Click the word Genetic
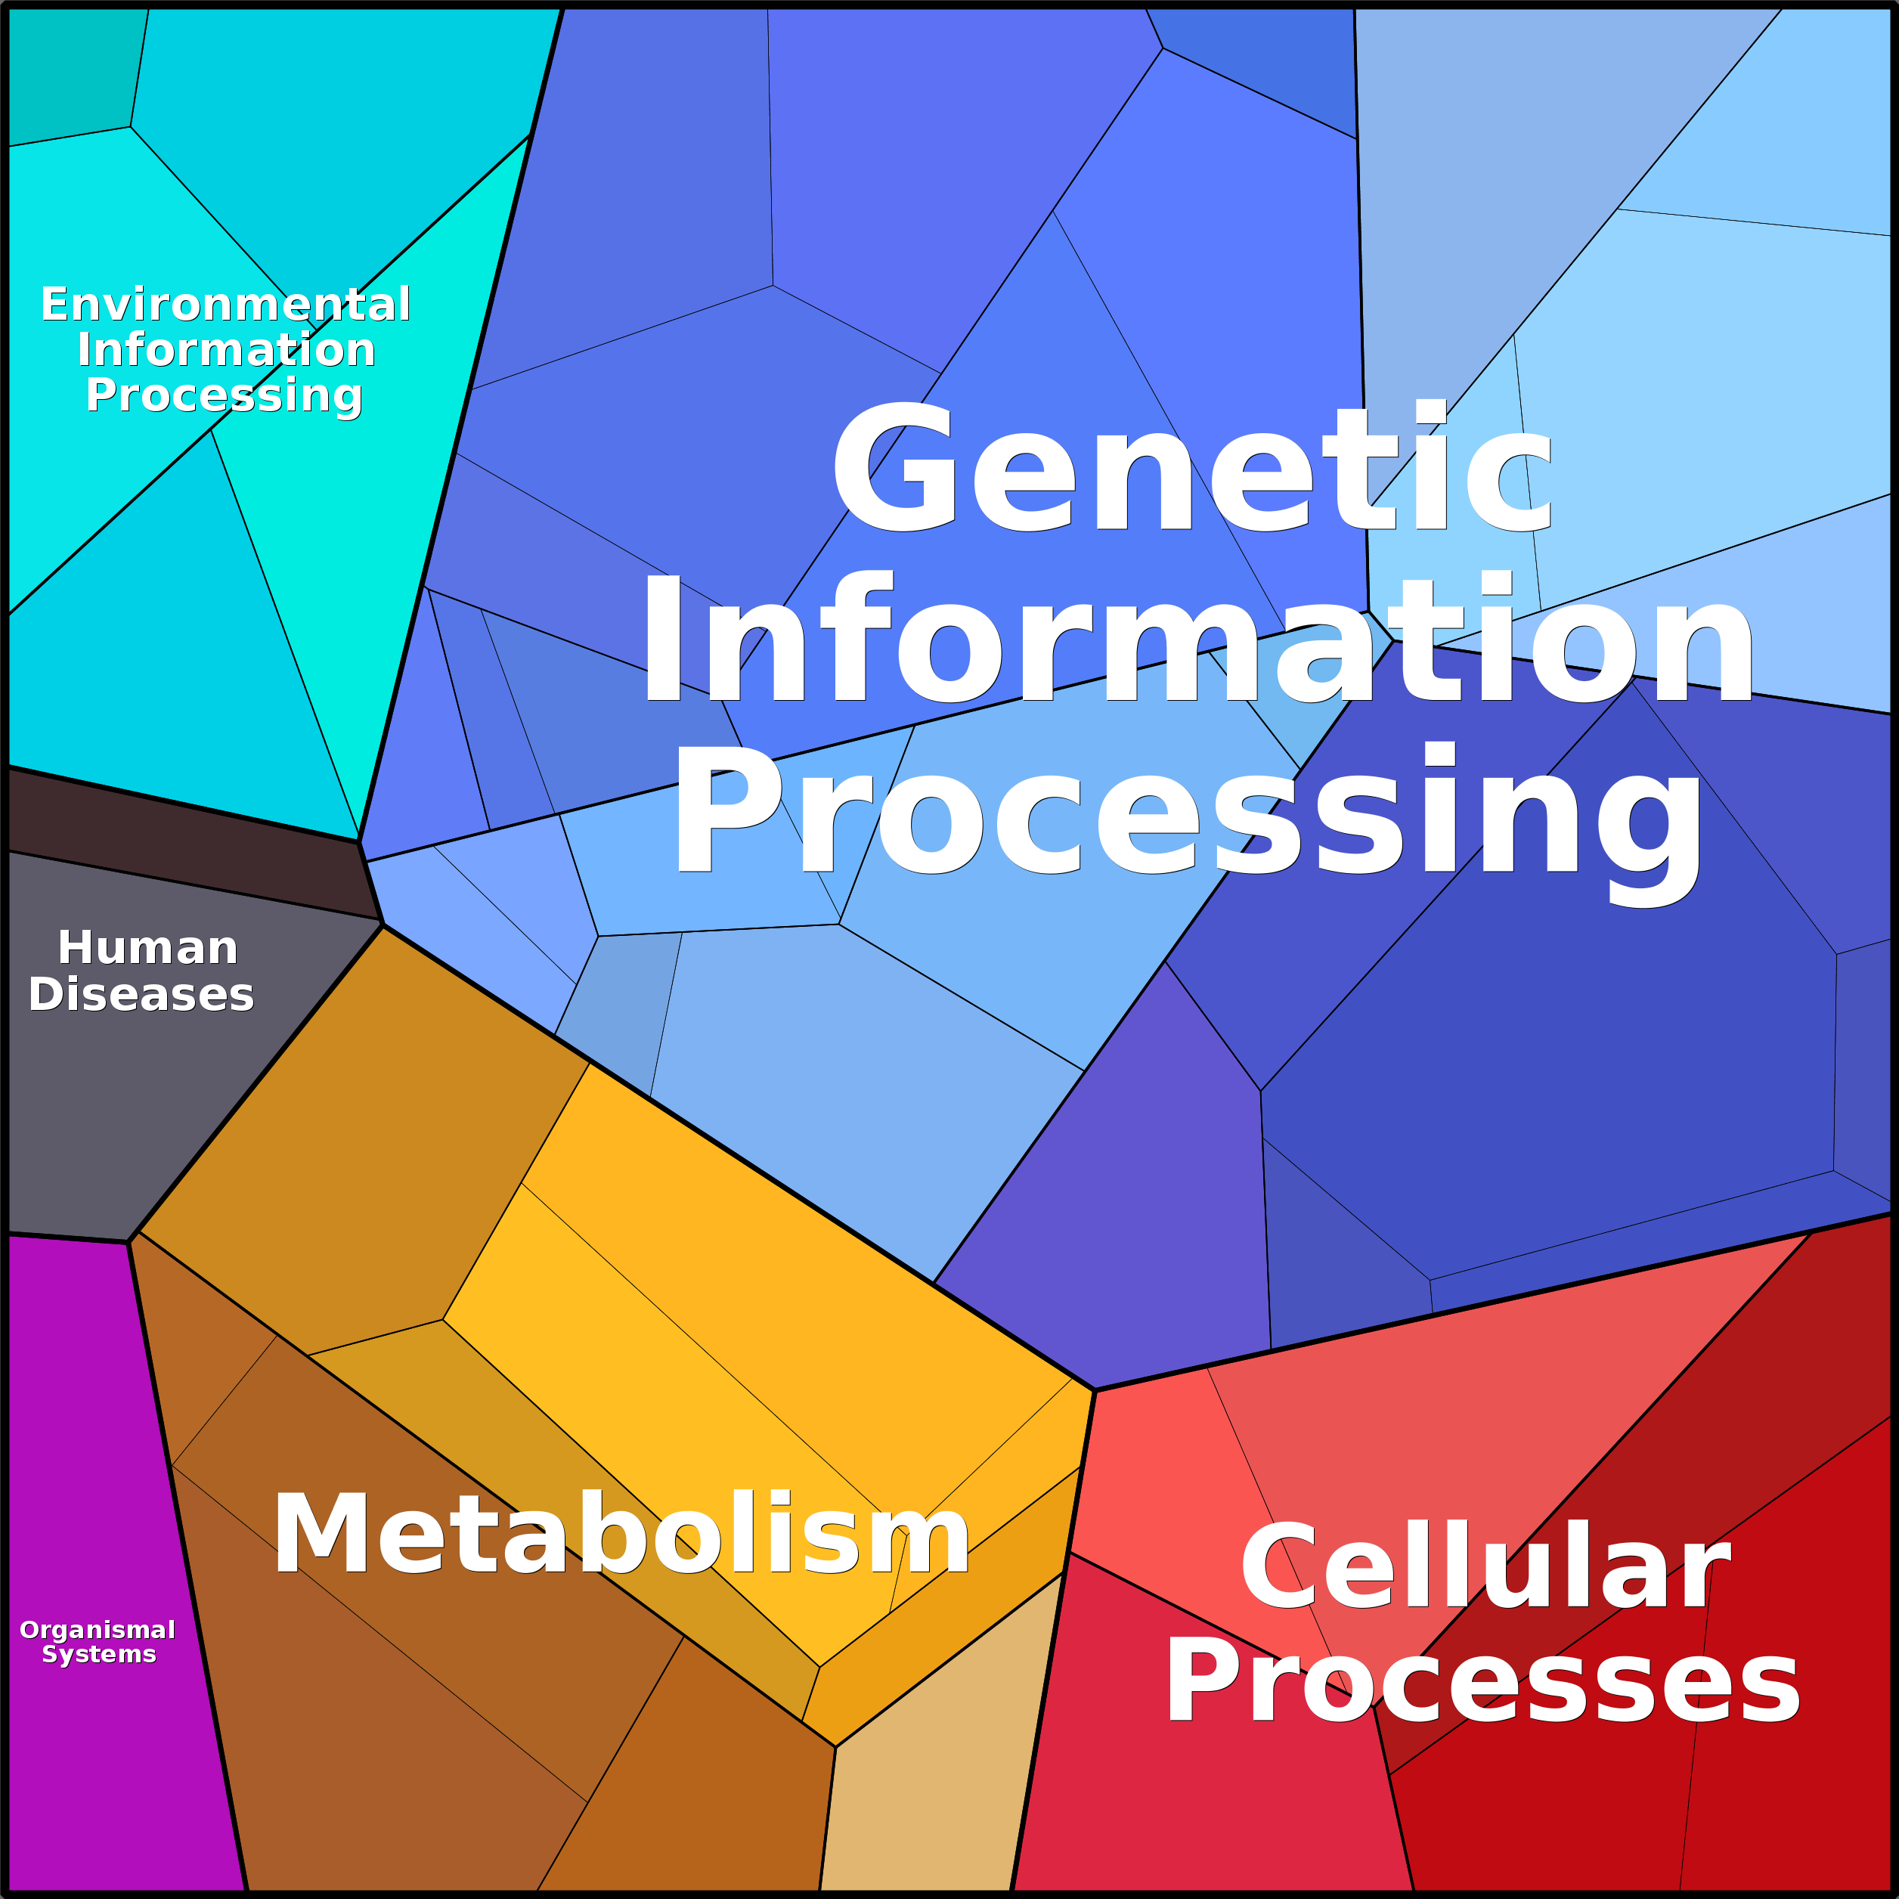pos(1191,468)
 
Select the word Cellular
pos(1484,1567)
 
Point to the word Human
pos(147,949)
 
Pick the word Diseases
pos(141,995)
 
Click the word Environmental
pos(225,305)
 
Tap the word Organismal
pos(98,1630)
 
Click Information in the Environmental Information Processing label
pos(226,350)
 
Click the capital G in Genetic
pos(894,468)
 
